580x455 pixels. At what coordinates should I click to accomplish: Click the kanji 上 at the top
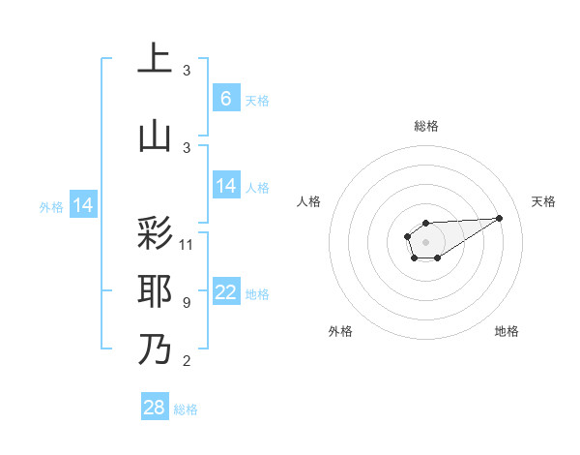click(x=155, y=59)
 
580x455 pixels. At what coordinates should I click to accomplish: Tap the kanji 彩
click(x=155, y=234)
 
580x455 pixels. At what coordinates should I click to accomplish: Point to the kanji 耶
click(x=155, y=291)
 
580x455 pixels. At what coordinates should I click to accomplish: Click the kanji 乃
click(x=155, y=349)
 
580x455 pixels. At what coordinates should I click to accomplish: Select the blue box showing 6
click(x=225, y=98)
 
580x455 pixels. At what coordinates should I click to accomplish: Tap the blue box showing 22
click(x=225, y=293)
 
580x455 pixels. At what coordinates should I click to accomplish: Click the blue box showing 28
click(x=155, y=408)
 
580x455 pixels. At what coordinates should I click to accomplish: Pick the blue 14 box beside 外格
click(x=83, y=205)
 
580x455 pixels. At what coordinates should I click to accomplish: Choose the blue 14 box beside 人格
click(x=225, y=186)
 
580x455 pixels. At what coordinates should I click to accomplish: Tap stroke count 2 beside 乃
click(x=186, y=362)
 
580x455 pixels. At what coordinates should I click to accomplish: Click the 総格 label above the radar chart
click(x=425, y=126)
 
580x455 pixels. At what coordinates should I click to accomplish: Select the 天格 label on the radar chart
click(x=543, y=201)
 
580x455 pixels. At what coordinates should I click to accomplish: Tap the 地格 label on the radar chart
click(x=507, y=331)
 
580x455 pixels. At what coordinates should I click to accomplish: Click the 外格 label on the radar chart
click(x=340, y=331)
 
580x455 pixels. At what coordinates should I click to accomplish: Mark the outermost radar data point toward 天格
click(x=499, y=217)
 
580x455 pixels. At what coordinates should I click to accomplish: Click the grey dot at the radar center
click(x=425, y=240)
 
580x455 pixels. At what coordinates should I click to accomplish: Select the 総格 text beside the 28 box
click(x=186, y=409)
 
